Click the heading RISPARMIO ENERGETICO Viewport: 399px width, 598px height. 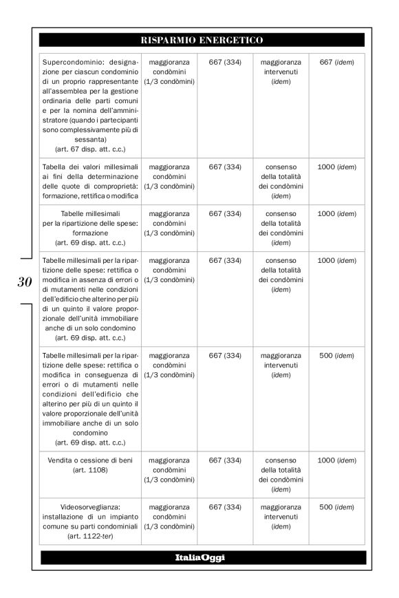[x=202, y=40]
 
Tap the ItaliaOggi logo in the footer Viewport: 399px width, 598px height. [x=202, y=557]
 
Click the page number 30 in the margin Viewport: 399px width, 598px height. [x=25, y=281]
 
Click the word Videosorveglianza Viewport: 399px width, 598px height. [x=90, y=507]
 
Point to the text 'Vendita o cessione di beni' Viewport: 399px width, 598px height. [x=90, y=460]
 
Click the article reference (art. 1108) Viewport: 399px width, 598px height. [x=90, y=470]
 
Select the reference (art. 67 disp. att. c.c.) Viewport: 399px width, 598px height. [x=90, y=149]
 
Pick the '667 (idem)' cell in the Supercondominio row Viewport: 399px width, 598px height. [x=337, y=63]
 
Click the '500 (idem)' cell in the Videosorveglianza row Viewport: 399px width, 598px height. [x=337, y=507]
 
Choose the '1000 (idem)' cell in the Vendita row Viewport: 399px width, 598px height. [x=337, y=460]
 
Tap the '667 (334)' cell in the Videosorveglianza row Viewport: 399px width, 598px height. [x=225, y=507]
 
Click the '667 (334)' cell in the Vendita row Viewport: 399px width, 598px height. [x=225, y=460]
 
